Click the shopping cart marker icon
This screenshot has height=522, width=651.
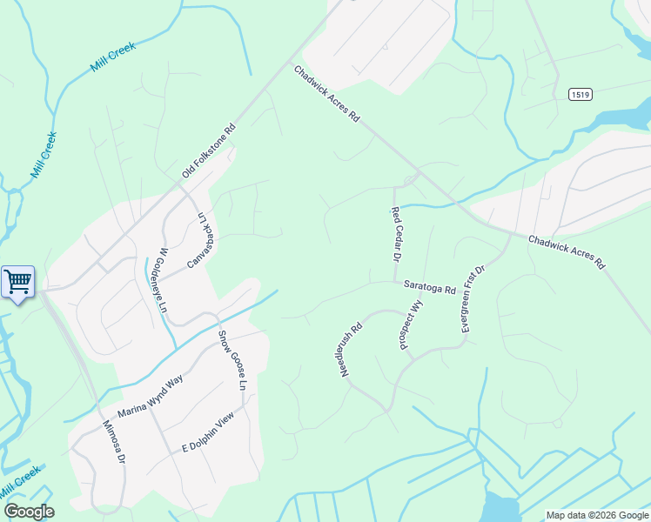pos(17,282)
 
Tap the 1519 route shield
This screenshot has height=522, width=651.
pos(581,94)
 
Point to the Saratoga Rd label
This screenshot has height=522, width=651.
pos(429,286)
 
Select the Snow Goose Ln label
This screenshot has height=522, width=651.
pos(232,359)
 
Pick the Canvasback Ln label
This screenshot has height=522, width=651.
pos(201,240)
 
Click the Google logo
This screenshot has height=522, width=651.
pos(29,512)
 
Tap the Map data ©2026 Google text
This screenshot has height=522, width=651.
pos(596,515)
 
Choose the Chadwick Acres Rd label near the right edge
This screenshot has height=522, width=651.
pos(567,251)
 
